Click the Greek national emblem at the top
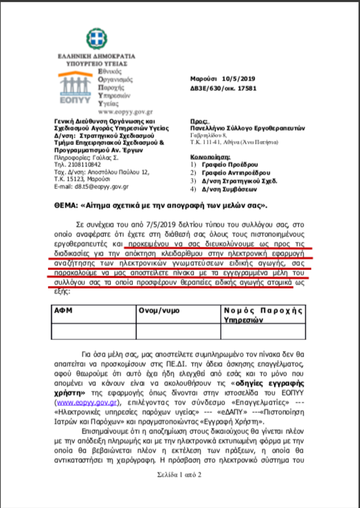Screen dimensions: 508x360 (97, 39)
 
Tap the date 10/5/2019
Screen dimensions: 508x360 (238, 79)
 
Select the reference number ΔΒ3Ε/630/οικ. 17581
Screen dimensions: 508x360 (223, 88)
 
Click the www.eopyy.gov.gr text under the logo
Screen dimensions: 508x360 (125, 112)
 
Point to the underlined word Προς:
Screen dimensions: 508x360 (199, 121)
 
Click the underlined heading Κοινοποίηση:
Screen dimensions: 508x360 (210, 157)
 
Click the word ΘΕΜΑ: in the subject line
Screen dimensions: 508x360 (66, 206)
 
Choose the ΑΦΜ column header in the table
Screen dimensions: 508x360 (63, 310)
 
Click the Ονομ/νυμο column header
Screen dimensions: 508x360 (159, 310)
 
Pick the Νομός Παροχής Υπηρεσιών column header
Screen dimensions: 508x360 (263, 315)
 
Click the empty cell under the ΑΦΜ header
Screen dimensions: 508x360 (94, 331)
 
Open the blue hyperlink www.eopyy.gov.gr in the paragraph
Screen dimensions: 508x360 (87, 403)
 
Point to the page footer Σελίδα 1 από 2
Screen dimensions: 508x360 (179, 475)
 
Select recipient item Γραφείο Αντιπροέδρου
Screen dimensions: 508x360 (236, 173)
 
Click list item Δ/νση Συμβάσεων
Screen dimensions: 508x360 (229, 189)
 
